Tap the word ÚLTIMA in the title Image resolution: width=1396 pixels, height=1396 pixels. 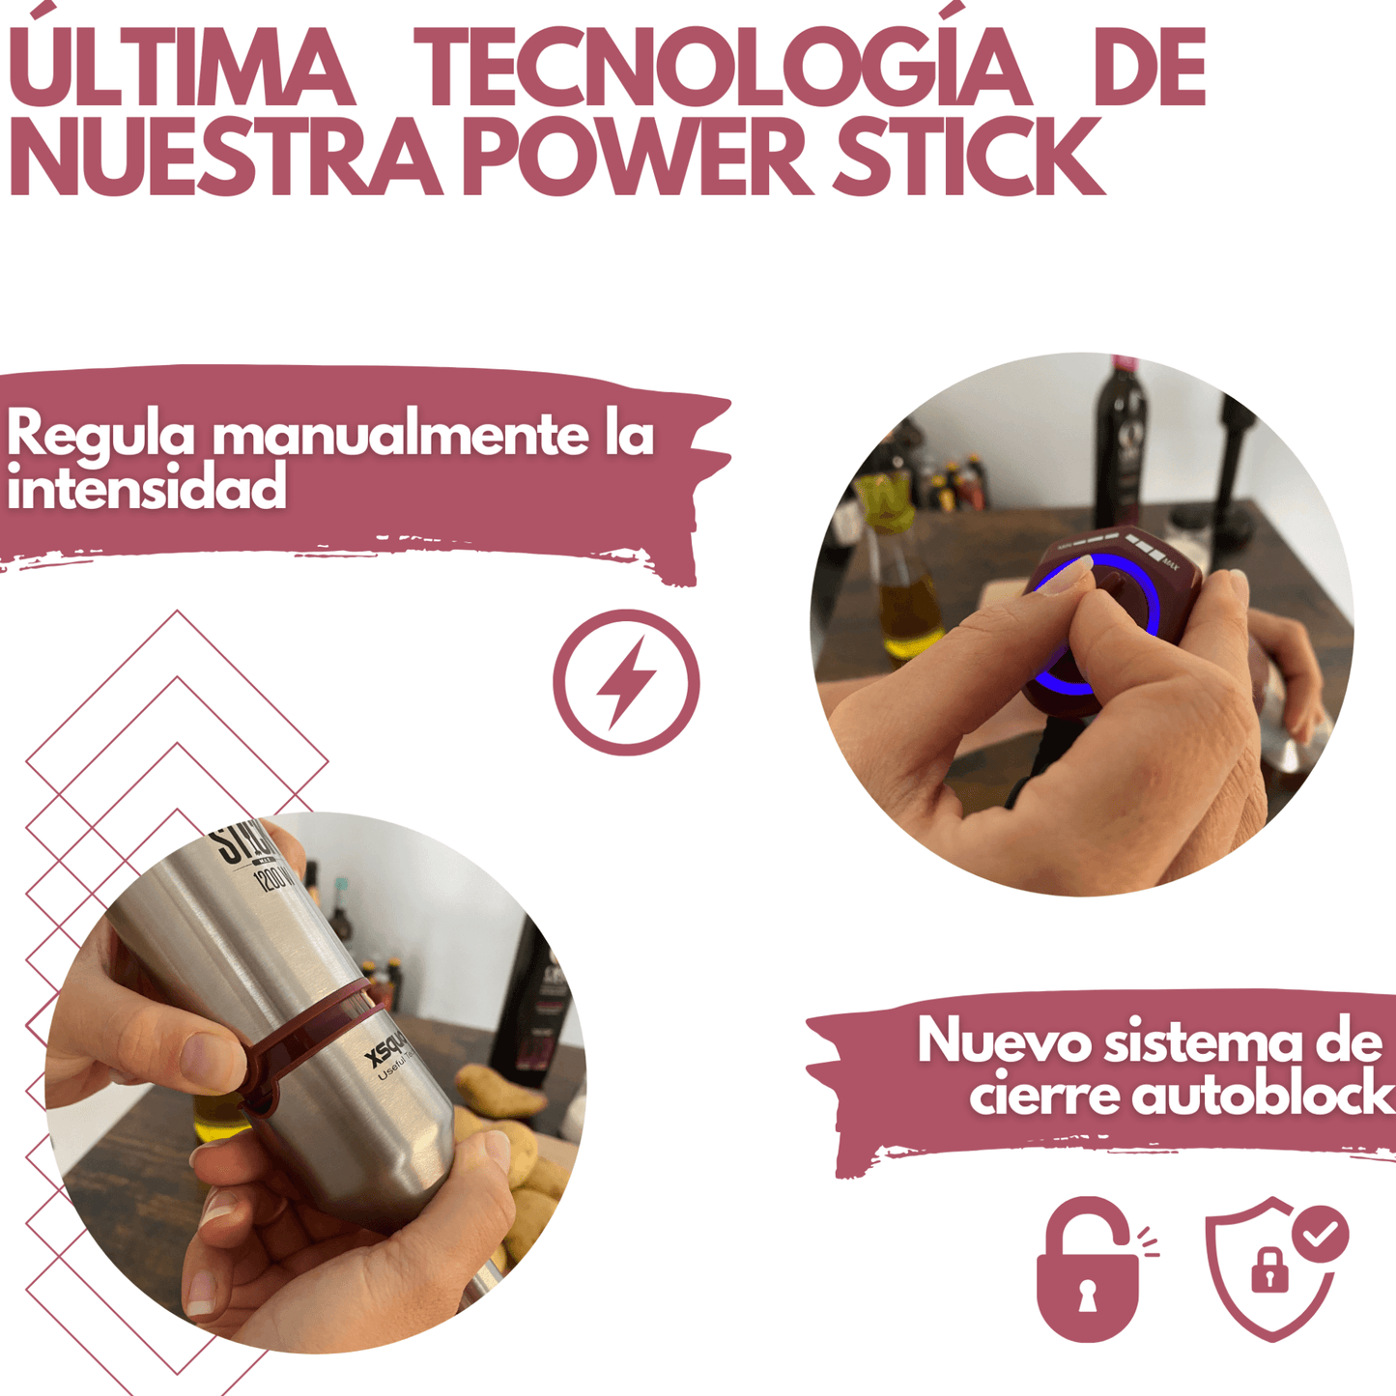pyautogui.click(x=181, y=70)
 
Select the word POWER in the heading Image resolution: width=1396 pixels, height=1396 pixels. pyautogui.click(x=637, y=157)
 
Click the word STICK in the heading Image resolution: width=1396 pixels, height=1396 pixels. pyautogui.click(x=968, y=157)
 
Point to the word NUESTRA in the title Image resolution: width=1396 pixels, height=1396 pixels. pyautogui.click(x=224, y=157)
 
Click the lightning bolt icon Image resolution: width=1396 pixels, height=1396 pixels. pyautogui.click(x=626, y=682)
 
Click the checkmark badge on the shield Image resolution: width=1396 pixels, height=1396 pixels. pyautogui.click(x=1321, y=1234)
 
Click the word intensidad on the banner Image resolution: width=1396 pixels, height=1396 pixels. pyautogui.click(x=147, y=487)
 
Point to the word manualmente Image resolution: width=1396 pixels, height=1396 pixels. pyautogui.click(x=400, y=435)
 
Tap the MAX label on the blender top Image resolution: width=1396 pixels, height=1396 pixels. pyautogui.click(x=1171, y=564)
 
